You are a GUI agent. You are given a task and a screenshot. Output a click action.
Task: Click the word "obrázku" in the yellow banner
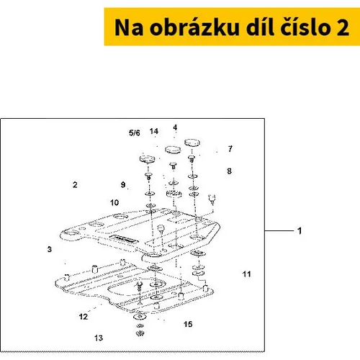(194, 27)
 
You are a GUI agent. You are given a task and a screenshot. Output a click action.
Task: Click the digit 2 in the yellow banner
(343, 27)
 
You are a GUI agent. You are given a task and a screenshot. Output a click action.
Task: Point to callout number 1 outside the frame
(300, 231)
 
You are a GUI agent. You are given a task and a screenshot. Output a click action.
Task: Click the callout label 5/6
(135, 132)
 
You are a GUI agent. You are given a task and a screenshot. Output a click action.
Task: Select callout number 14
(154, 131)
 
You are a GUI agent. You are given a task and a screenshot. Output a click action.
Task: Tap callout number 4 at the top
(175, 127)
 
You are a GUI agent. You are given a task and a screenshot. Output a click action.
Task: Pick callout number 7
(230, 149)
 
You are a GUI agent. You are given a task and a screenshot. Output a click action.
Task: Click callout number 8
(230, 171)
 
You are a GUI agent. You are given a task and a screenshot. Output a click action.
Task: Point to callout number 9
(123, 184)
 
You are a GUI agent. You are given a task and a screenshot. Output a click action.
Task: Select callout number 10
(114, 202)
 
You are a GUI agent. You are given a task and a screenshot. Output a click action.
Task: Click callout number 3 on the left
(50, 249)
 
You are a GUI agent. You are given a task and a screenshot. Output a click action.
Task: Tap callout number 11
(246, 274)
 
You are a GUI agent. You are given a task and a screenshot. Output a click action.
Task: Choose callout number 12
(84, 317)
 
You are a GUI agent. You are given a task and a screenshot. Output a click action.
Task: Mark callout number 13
(99, 338)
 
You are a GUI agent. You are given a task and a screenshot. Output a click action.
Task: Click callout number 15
(188, 324)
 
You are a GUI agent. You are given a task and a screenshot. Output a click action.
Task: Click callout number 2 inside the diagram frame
(75, 185)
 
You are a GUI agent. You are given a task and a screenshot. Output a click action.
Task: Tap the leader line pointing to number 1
(279, 231)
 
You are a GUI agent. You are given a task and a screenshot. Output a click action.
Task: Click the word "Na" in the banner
(129, 27)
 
